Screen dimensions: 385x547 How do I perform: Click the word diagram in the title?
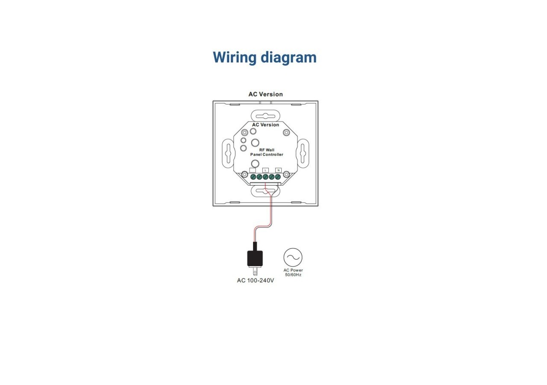coord(288,57)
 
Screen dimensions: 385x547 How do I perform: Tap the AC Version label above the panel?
coord(265,94)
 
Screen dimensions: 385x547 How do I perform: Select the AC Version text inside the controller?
coord(265,125)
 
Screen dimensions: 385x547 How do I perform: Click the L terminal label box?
coord(265,170)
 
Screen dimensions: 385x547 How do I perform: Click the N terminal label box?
coord(278,170)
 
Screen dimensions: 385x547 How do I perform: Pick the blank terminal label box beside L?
coord(253,170)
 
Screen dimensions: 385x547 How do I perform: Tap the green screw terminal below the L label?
coord(265,176)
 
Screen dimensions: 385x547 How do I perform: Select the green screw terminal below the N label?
coord(278,176)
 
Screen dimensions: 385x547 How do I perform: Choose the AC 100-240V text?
coord(256,281)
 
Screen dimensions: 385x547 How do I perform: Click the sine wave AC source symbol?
coord(293,257)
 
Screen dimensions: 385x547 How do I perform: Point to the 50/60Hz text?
coord(293,275)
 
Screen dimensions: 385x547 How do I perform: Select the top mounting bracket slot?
coord(265,115)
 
